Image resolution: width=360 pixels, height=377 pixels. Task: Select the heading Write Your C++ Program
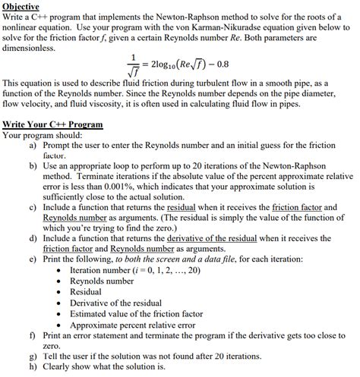[x=52, y=124]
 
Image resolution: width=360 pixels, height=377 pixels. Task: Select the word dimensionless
[x=29, y=47]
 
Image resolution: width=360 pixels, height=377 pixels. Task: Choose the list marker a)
[x=33, y=143]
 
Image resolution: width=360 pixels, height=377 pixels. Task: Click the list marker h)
[x=33, y=366]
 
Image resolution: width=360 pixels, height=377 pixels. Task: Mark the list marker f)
[x=33, y=335]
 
